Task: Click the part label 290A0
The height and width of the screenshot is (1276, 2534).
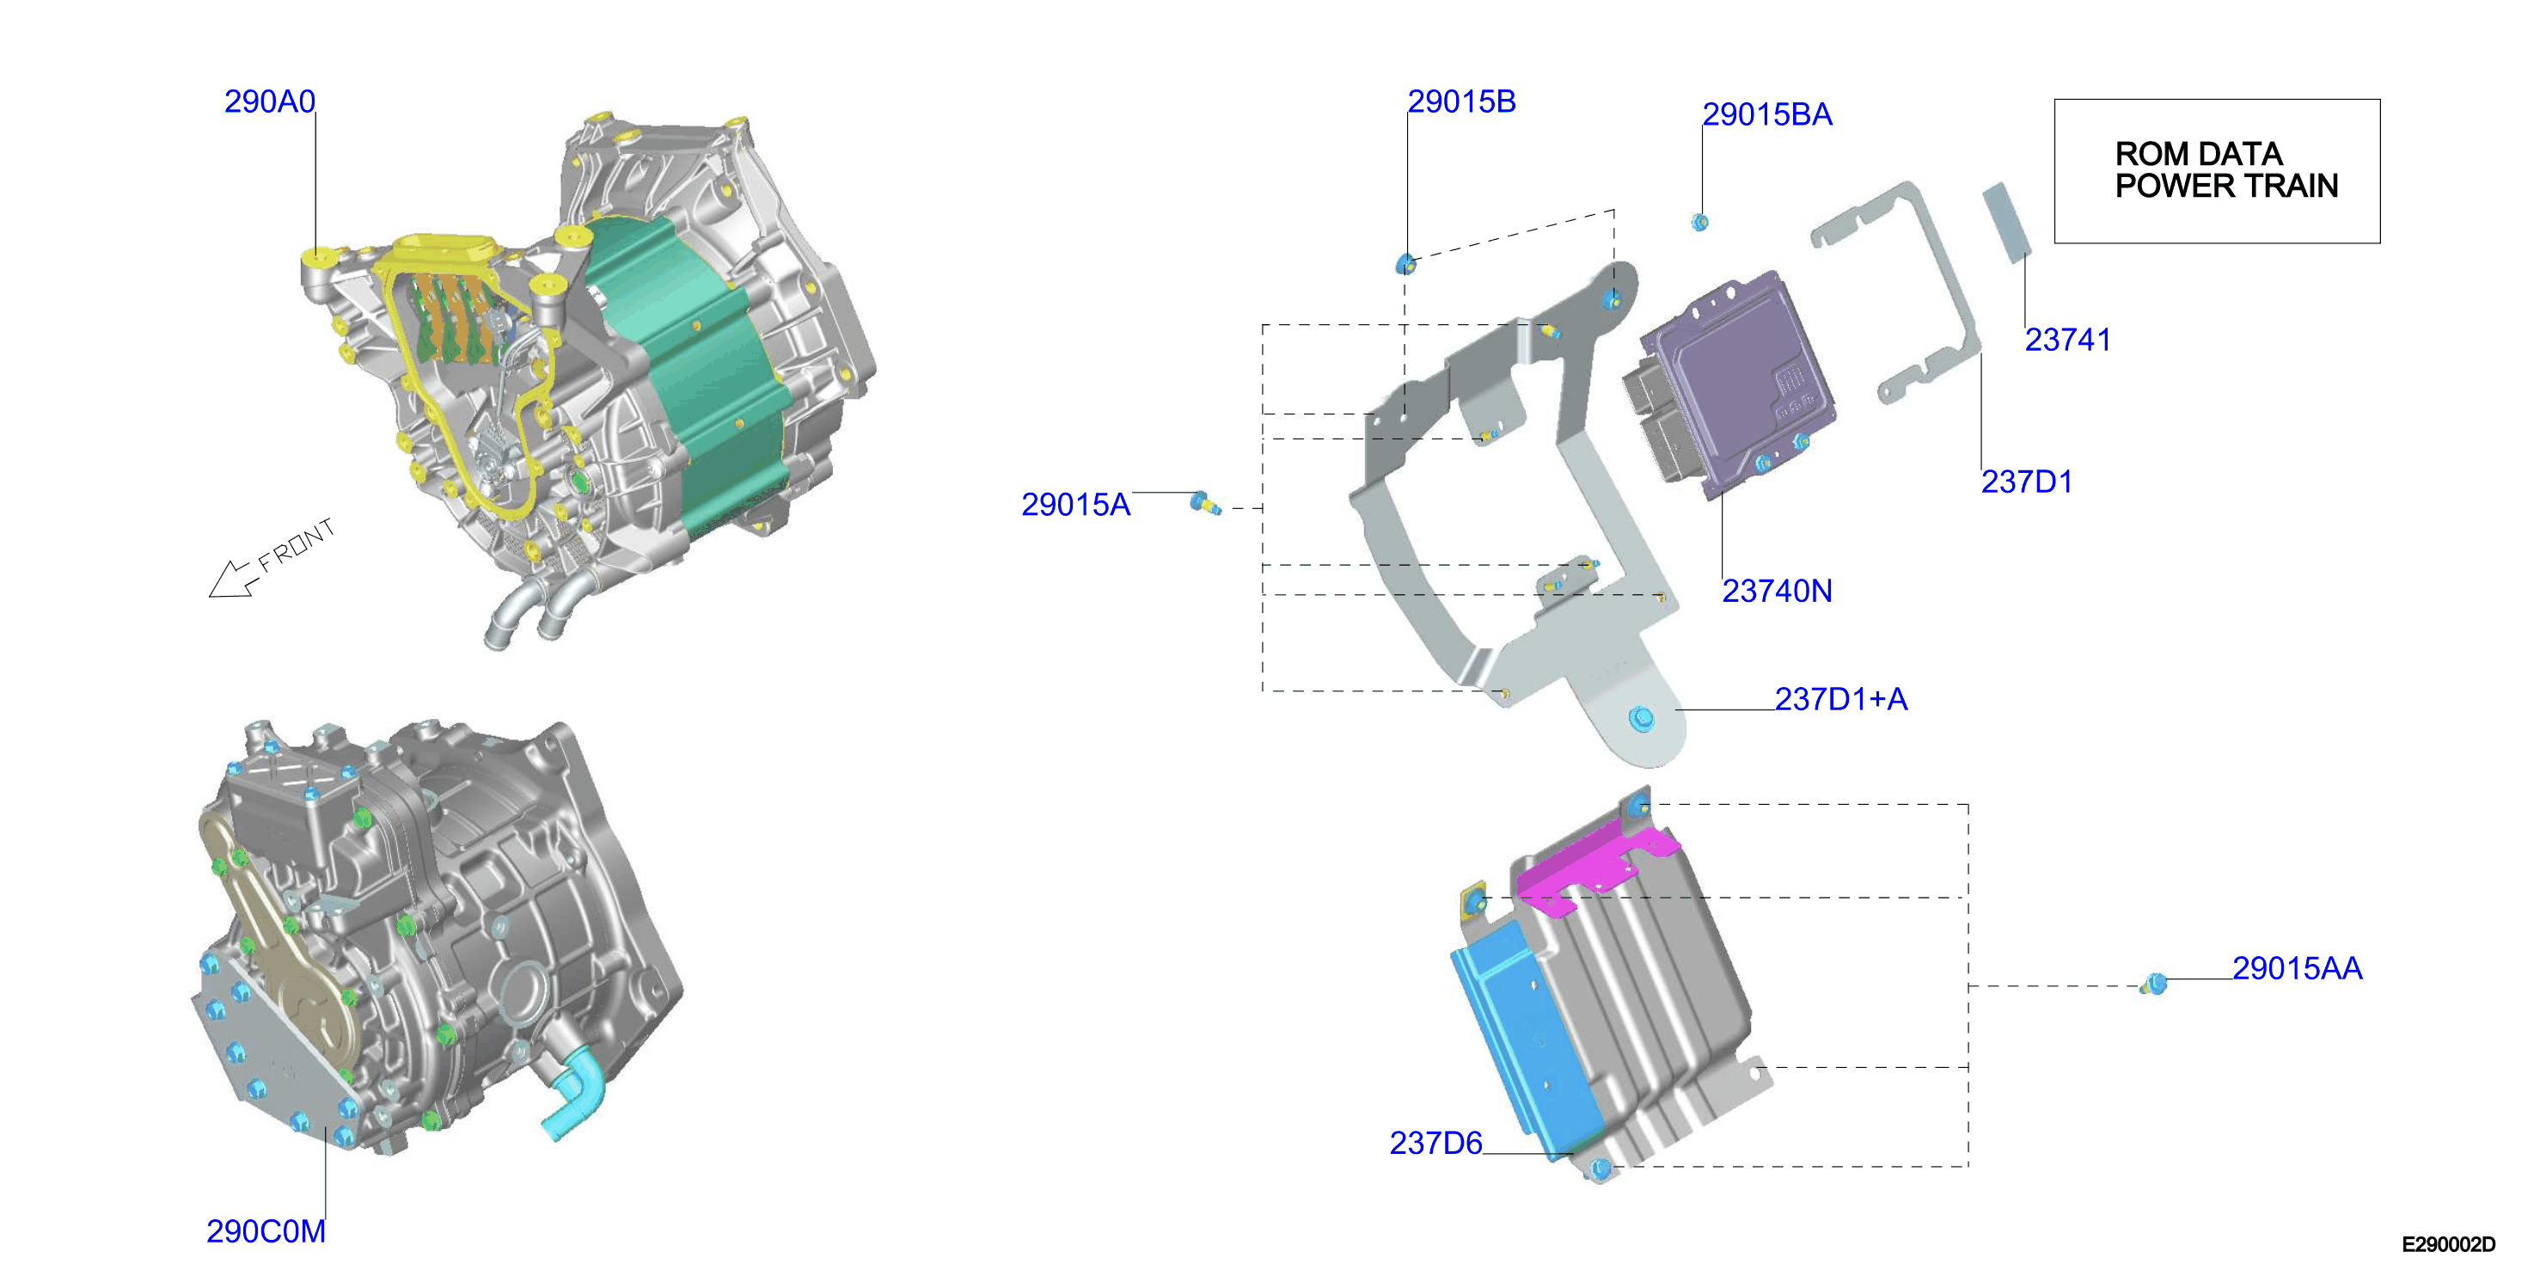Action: coord(270,101)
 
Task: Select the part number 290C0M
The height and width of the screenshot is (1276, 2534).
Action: coord(266,1230)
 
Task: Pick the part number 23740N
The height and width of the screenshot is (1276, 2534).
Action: coord(1777,591)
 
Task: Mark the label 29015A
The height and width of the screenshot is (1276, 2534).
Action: coord(1075,504)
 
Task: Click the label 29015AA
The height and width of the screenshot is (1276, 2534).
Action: coord(2297,968)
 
